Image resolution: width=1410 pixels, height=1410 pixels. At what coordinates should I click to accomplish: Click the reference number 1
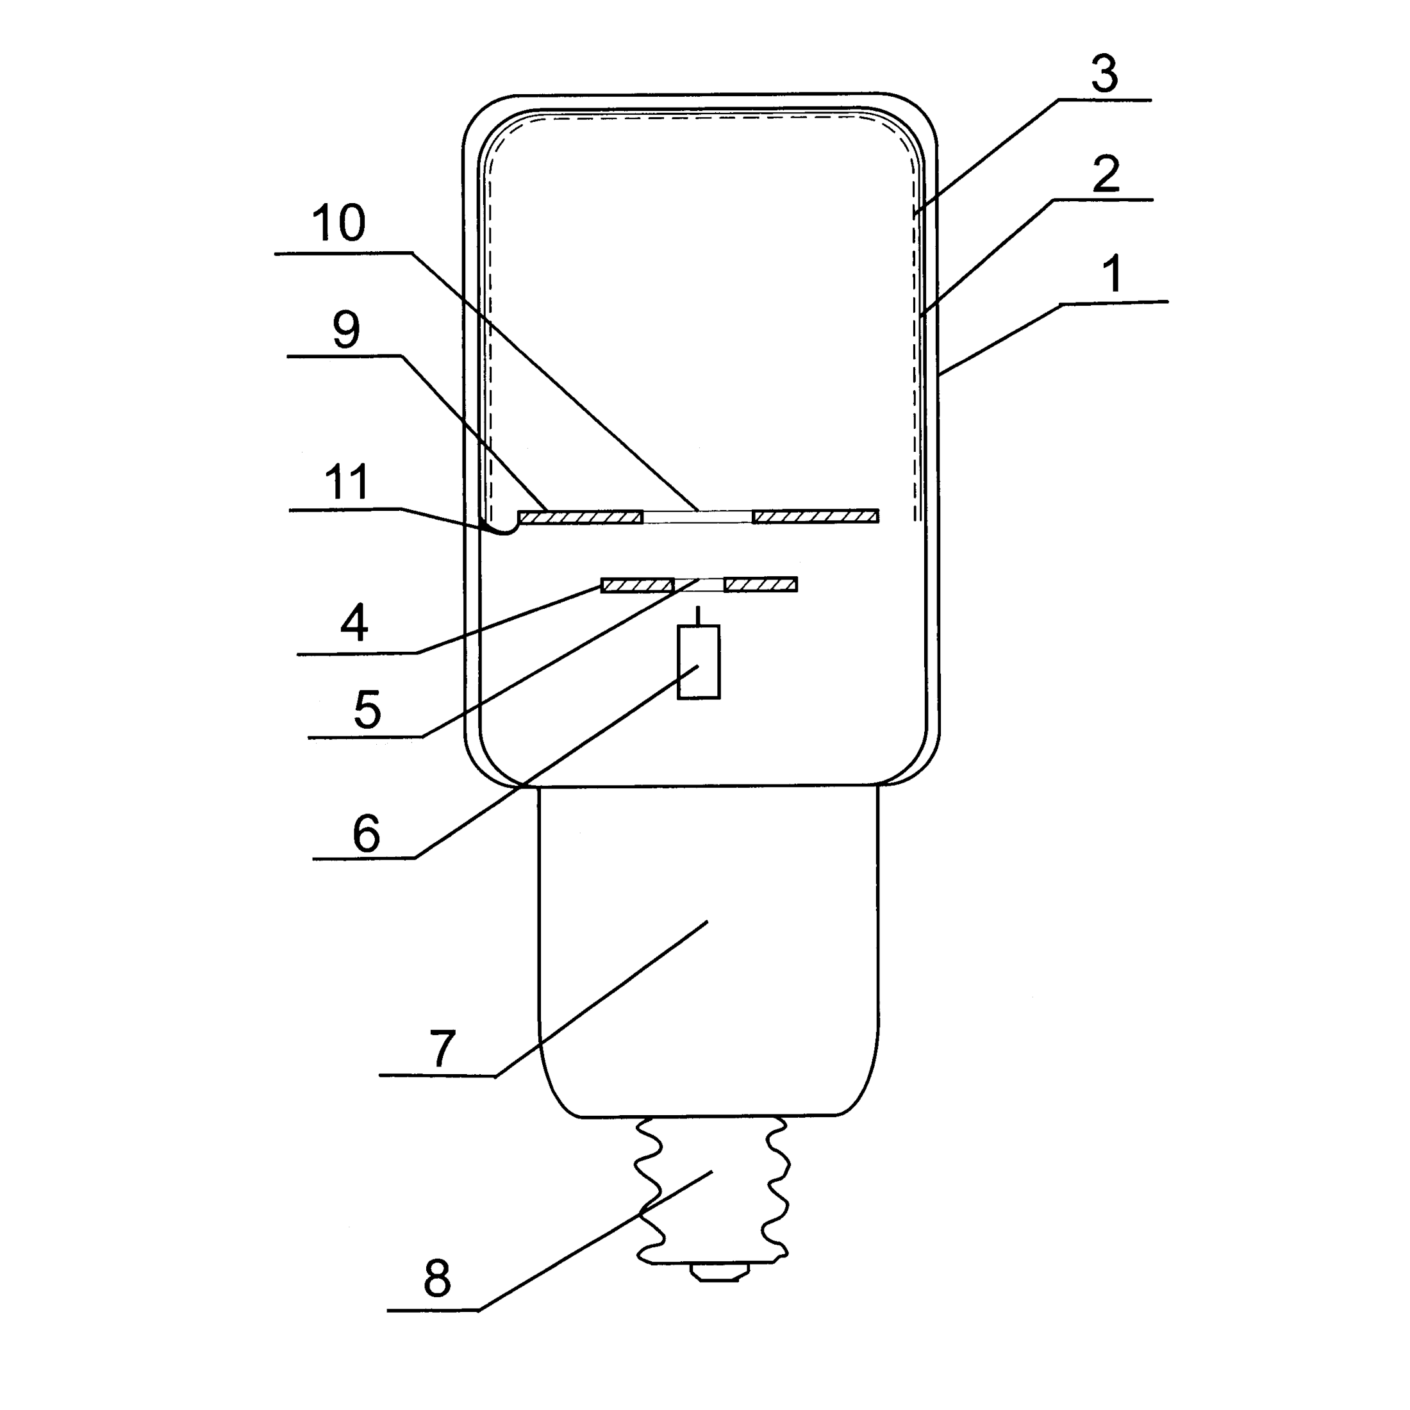click(x=1111, y=274)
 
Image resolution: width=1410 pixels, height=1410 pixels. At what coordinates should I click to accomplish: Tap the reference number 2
click(x=1106, y=174)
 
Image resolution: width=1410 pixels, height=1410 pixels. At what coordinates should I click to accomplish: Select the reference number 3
click(x=1104, y=74)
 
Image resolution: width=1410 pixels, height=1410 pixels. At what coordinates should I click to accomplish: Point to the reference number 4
click(x=354, y=622)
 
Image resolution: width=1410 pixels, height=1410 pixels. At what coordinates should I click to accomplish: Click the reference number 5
click(x=367, y=709)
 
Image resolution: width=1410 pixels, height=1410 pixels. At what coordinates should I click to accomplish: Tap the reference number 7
click(x=442, y=1049)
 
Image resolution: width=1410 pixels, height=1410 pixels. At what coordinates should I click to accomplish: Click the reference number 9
click(x=346, y=329)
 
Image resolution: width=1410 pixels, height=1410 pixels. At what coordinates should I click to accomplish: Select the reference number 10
click(x=338, y=222)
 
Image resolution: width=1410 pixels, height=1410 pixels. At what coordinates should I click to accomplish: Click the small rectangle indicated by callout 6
click(x=699, y=662)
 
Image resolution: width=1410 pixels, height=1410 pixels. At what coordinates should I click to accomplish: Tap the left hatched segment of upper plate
click(x=580, y=517)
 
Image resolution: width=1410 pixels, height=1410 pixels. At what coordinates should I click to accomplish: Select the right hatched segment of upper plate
click(x=815, y=517)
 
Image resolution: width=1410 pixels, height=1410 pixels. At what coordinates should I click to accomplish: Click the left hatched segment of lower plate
click(x=636, y=585)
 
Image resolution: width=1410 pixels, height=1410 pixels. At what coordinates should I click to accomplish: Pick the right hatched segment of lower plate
click(x=759, y=585)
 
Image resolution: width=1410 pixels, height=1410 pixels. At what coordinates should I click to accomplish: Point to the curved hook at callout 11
click(x=501, y=529)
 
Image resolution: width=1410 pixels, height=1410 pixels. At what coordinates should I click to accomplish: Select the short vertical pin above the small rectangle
click(x=699, y=615)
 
